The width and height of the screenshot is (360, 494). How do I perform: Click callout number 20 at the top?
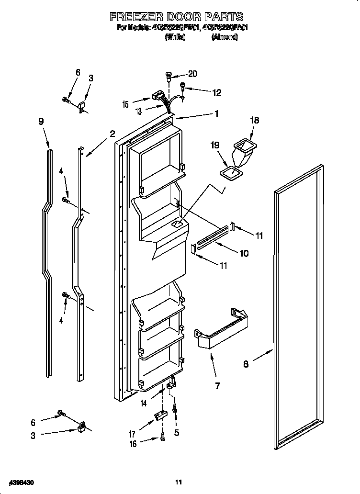click(x=192, y=74)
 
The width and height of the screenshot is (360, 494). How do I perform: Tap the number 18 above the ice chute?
click(x=254, y=120)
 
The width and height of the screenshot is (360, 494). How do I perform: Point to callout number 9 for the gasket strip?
click(x=41, y=122)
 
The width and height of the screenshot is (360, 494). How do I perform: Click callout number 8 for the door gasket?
click(x=246, y=364)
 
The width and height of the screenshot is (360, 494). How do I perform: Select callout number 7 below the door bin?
click(x=217, y=386)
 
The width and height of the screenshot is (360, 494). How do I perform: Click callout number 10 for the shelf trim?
click(x=244, y=253)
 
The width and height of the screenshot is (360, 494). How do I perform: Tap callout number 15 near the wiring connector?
click(x=125, y=104)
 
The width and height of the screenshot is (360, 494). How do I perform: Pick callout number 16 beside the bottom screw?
click(x=133, y=444)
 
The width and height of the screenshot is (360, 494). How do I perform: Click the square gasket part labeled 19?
click(x=231, y=173)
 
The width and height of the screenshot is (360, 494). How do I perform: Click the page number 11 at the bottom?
click(x=179, y=482)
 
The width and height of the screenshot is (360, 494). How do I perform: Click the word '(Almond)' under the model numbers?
click(x=225, y=37)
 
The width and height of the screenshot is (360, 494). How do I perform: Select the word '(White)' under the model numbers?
click(x=175, y=37)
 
